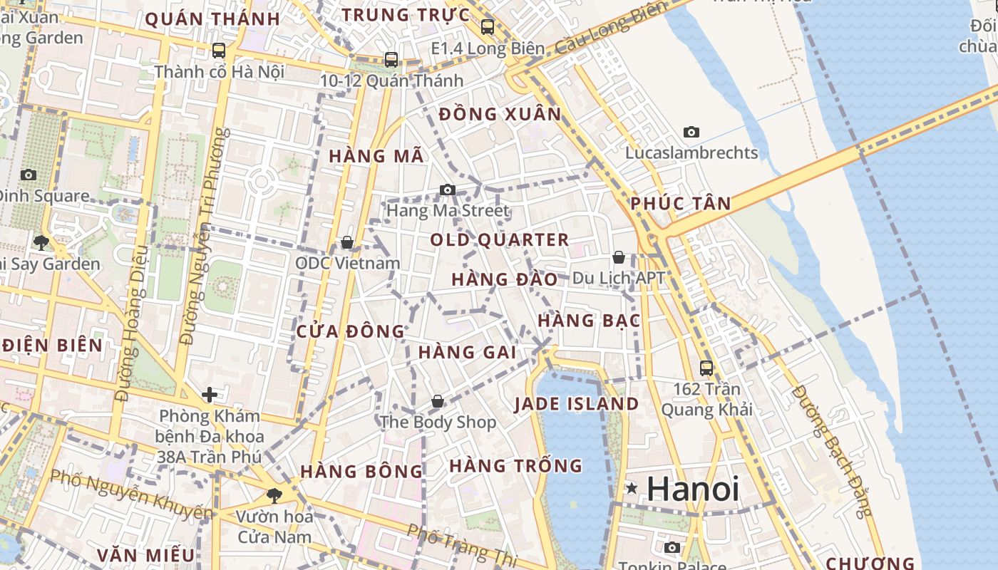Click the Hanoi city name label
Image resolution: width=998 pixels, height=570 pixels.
coord(693,489)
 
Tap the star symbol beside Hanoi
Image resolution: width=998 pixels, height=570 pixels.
coord(632,489)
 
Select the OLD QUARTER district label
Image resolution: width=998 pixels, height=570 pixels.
coord(499,240)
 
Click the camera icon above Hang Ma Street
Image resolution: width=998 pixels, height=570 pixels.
coord(447,190)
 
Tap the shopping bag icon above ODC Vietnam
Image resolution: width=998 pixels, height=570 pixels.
coord(347,242)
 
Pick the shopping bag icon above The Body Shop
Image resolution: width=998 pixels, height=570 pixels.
coord(438,402)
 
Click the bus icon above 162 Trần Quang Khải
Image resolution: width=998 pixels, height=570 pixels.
coord(706,368)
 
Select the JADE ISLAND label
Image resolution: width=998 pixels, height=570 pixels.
coord(576,404)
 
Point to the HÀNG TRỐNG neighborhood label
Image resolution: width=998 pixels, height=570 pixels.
coord(515,466)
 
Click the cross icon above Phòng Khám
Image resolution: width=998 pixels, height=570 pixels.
coord(210,395)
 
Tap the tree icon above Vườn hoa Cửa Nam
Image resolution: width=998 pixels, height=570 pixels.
coord(274,495)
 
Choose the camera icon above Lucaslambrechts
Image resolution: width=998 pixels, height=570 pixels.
coord(691,132)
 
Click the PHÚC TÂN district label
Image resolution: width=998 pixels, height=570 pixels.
coord(680,204)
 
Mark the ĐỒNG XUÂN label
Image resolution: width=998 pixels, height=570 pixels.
coord(500,114)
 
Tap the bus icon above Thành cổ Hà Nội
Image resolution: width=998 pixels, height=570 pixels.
coord(219,51)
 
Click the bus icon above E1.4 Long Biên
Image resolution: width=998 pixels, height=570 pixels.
coord(488,27)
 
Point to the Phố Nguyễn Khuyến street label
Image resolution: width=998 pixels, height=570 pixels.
coord(131,493)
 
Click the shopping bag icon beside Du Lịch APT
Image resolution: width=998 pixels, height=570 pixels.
coord(619,257)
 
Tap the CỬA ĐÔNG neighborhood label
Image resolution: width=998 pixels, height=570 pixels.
coord(350,331)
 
